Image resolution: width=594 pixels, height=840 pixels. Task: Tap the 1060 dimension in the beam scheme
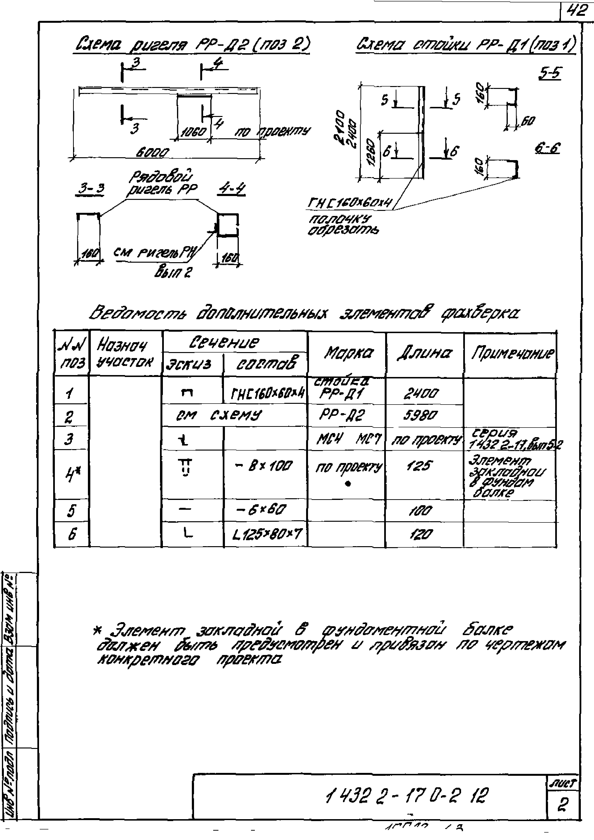tap(193, 132)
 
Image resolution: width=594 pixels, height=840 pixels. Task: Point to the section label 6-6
tap(547, 148)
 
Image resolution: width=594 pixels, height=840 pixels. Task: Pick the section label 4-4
tap(232, 189)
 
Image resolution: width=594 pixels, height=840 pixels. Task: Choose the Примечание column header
tap(512, 353)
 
